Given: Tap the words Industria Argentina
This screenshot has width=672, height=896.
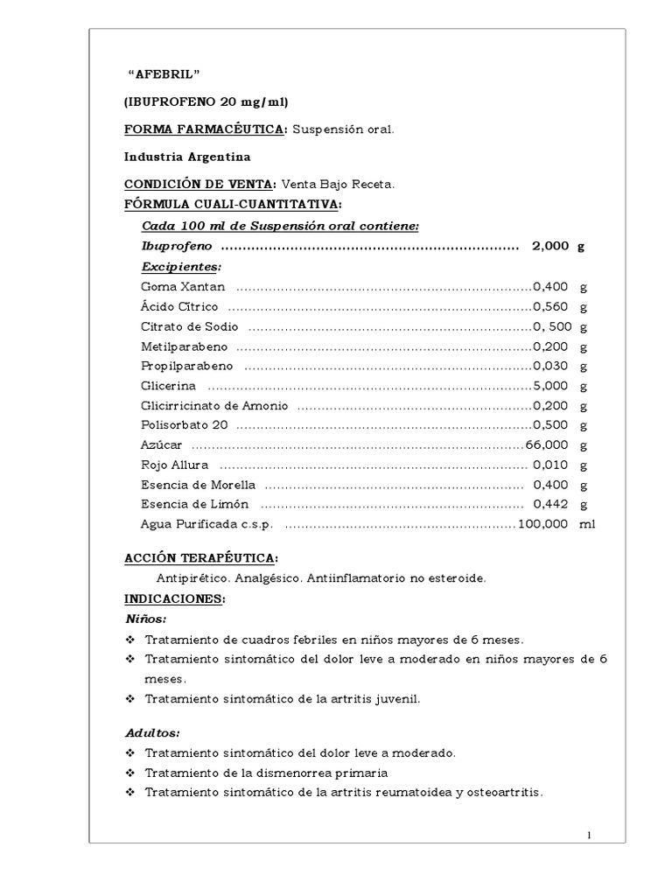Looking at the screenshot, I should click(x=186, y=157).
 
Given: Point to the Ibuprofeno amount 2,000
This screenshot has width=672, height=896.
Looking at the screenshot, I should click(x=549, y=247).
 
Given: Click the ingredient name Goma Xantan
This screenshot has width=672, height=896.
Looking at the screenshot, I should click(x=183, y=287).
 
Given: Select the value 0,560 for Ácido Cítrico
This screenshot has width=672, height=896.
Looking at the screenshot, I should click(x=550, y=307).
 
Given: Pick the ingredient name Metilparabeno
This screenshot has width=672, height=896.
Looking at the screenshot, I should click(x=185, y=346).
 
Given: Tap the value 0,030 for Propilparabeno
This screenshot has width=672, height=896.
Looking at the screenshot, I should click(x=550, y=367).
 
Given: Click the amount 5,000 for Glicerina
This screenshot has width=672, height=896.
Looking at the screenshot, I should click(x=550, y=386).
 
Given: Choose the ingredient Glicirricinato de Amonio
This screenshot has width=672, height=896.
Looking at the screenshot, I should click(x=214, y=406).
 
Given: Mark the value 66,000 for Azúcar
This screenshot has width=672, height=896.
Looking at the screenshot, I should click(x=547, y=445).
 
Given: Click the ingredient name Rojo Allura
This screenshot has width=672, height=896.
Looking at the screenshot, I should click(x=174, y=465).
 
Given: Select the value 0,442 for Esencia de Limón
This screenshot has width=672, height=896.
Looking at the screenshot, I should click(x=551, y=505).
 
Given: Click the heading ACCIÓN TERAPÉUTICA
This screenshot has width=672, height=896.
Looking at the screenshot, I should click(x=200, y=558).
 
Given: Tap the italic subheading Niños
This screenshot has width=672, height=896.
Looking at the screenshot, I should click(x=146, y=619).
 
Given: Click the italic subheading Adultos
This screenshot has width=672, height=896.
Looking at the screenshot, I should click(x=153, y=732).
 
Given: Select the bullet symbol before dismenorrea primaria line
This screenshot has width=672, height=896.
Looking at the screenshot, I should click(x=129, y=773).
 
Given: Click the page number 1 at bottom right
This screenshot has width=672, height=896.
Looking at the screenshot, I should click(x=591, y=835).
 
